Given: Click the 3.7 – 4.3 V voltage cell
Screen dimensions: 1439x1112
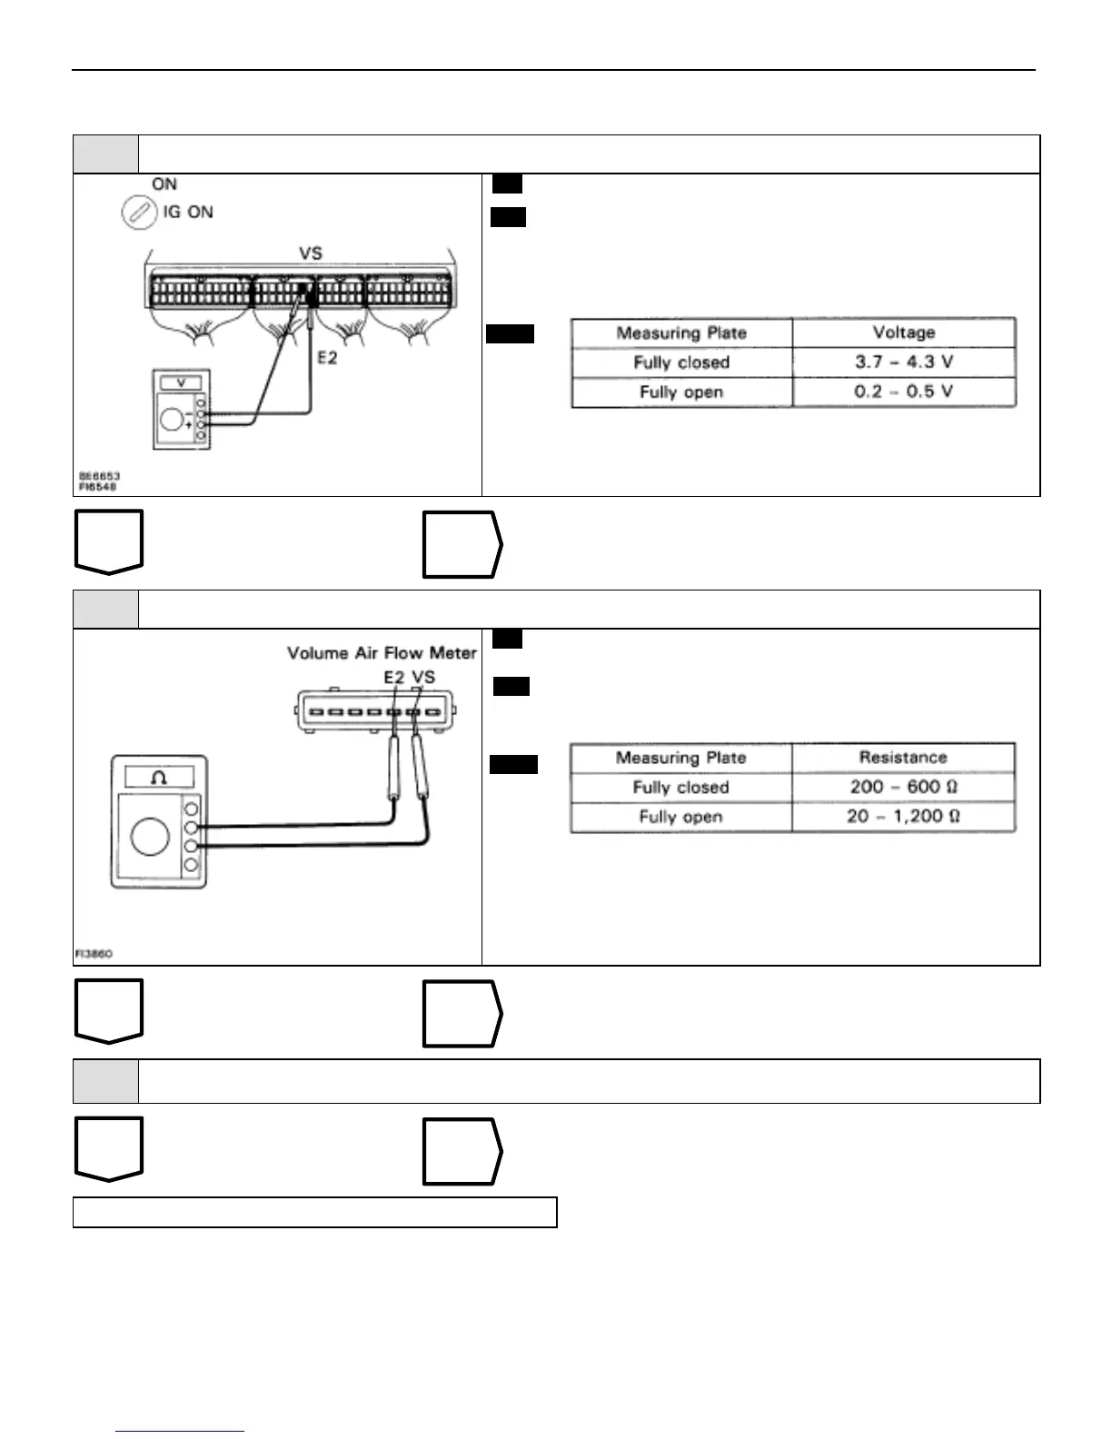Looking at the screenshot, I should click(903, 362).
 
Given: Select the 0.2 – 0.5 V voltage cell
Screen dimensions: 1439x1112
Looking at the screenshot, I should click(903, 392).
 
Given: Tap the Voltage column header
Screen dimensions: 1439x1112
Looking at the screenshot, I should click(903, 332).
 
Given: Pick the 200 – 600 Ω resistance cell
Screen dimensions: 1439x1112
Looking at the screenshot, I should click(903, 787).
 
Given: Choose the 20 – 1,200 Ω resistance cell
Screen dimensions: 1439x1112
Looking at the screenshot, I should click(903, 816).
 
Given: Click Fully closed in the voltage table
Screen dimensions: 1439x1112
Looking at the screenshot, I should click(681, 362).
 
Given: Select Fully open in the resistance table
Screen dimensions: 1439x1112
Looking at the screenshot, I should click(680, 817).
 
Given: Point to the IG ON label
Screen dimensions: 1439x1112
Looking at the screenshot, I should click(188, 213).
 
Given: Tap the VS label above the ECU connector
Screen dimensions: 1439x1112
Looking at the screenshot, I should click(311, 254).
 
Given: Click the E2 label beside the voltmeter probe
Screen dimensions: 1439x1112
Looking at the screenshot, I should click(327, 358).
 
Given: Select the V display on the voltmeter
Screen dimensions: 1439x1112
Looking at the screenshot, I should click(182, 383).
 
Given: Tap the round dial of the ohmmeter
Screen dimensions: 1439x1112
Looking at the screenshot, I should click(149, 837).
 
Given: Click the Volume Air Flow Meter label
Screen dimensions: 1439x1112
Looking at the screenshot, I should click(382, 653).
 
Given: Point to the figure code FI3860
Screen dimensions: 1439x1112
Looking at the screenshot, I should click(94, 954).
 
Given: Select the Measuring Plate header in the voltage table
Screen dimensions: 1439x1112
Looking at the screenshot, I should click(681, 332).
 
